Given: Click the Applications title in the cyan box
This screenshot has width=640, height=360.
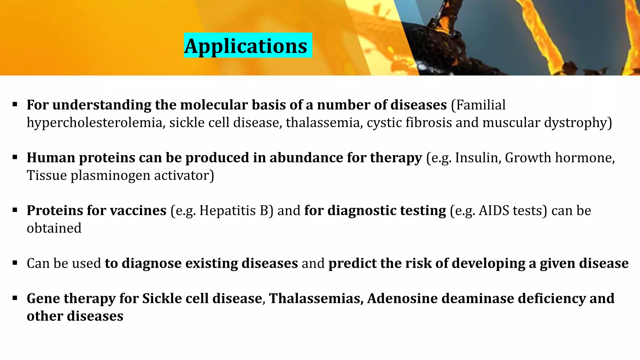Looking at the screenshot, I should pyautogui.click(x=246, y=46).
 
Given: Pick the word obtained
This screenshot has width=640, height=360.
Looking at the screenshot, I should pyautogui.click(x=54, y=228).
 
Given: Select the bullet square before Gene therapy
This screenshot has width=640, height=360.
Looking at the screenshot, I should pyautogui.click(x=15, y=298).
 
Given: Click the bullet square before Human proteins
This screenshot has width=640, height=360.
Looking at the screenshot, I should pyautogui.click(x=15, y=157).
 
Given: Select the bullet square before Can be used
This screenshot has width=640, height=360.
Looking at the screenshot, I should pyautogui.click(x=15, y=263).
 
